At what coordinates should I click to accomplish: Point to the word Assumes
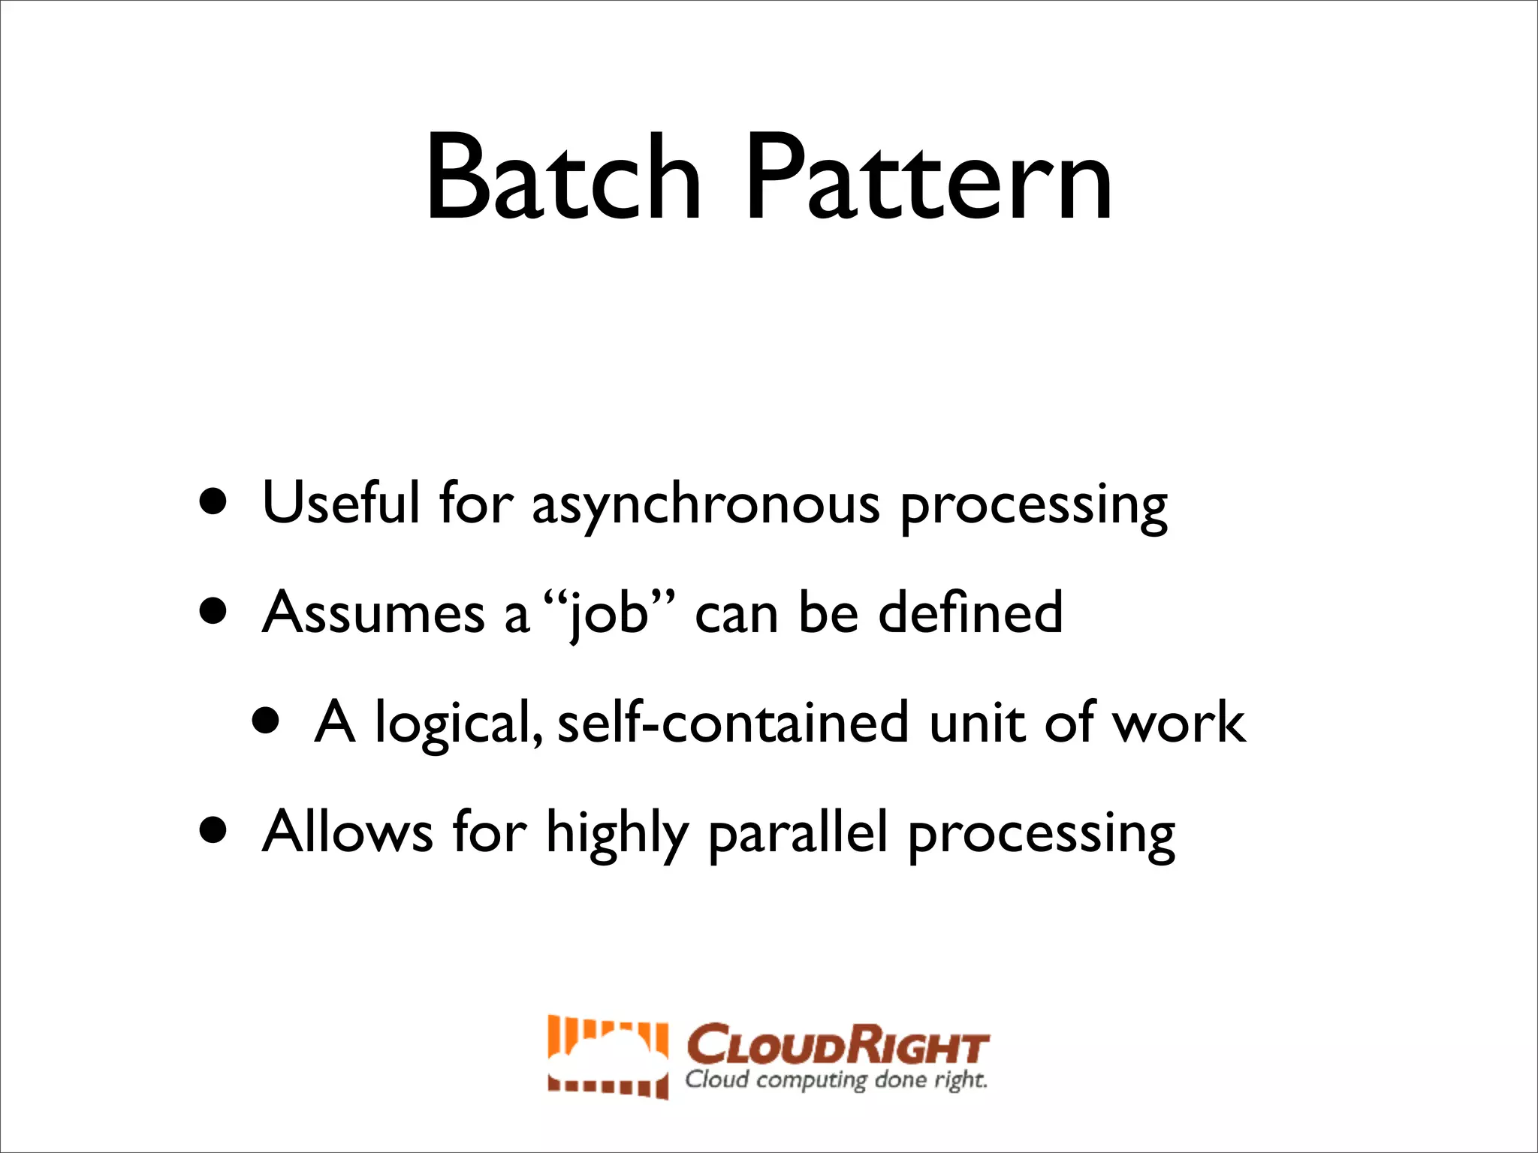tap(373, 613)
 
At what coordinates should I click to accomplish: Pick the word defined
tap(970, 613)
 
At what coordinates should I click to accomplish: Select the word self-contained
tap(733, 722)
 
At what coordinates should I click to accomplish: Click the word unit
tap(978, 722)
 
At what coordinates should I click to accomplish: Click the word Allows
tap(348, 832)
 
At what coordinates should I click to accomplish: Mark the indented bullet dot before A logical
tap(266, 722)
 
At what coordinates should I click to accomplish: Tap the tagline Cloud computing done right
tap(836, 1080)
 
